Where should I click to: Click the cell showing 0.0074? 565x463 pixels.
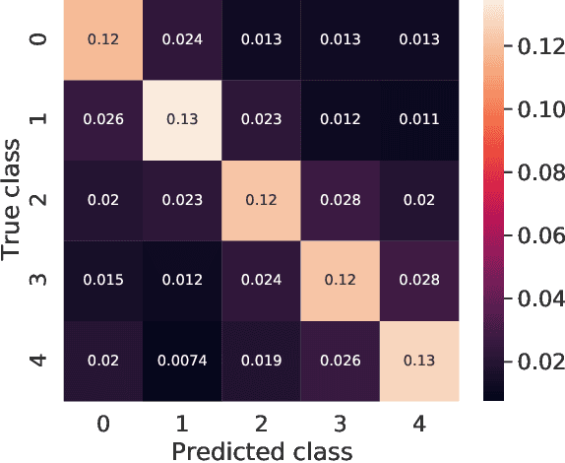coord(180,361)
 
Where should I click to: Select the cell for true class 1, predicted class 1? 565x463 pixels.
coord(180,120)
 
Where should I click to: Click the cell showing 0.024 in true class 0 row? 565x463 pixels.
coord(180,39)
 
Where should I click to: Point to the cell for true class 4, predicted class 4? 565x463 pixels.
coord(418,361)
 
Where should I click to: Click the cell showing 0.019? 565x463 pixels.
coord(260,361)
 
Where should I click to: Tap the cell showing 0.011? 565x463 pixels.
coord(418,120)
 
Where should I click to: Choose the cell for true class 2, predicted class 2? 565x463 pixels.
coord(260,200)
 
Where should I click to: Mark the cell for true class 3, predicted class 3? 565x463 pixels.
coord(339,281)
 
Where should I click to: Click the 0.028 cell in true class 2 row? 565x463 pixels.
coord(339,200)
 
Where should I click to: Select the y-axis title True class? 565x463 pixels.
coord(14,200)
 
